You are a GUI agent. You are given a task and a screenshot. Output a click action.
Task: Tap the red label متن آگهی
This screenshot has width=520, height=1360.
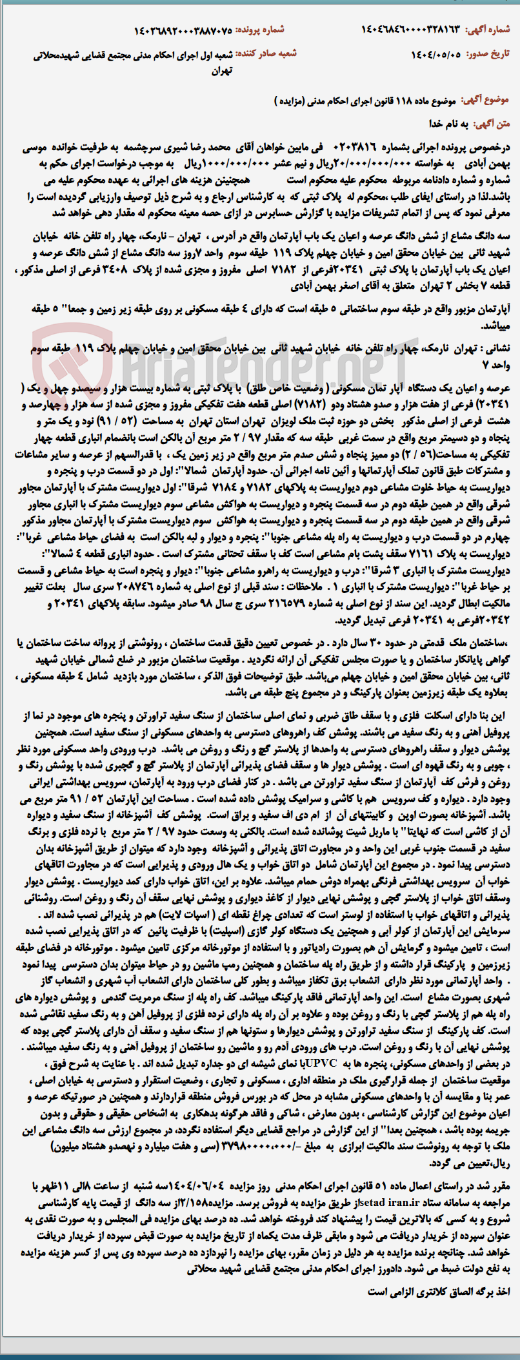click(x=497, y=122)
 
